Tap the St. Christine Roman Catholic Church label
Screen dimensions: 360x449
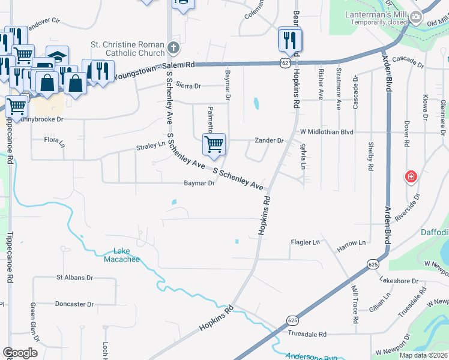pos(127,48)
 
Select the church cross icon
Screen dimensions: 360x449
pos(173,47)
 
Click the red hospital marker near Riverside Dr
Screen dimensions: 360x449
pos(411,177)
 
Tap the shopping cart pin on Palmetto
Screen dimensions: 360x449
pos(214,145)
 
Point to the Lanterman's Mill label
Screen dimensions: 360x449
pos(376,14)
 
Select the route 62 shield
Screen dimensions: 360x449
pos(285,62)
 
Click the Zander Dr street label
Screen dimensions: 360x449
pos(268,140)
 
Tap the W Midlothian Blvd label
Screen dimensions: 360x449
pos(327,131)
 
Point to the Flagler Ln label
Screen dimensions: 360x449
pos(306,242)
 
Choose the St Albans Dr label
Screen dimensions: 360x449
pos(74,278)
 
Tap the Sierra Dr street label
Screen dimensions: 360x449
pos(188,86)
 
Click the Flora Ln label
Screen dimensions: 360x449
pos(55,140)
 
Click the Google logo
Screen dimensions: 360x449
pos(20,353)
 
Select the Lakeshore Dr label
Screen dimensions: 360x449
pos(399,280)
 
